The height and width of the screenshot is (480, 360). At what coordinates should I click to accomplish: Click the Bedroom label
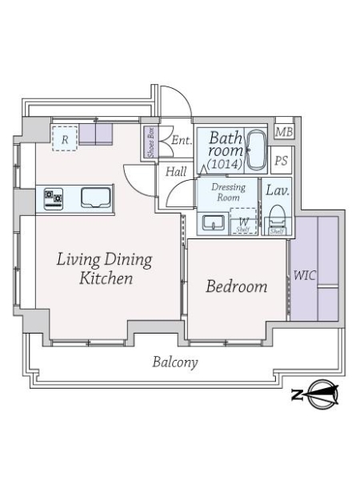(x=236, y=286)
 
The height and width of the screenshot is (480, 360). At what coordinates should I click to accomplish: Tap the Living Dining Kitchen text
(x=104, y=269)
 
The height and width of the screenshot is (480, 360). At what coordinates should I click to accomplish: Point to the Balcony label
(x=174, y=362)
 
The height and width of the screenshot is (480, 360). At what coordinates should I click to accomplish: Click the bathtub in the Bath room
(x=256, y=150)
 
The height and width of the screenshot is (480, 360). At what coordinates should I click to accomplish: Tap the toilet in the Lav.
(x=278, y=218)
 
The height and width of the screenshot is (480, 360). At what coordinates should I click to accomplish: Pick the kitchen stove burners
(x=54, y=199)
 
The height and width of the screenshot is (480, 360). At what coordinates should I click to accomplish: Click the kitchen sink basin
(x=96, y=198)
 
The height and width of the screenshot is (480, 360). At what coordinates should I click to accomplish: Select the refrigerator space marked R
(x=65, y=139)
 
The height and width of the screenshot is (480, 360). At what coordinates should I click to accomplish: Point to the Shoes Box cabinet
(x=151, y=142)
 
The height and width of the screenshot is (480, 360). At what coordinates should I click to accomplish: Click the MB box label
(x=284, y=132)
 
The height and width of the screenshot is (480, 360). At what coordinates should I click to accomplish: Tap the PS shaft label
(x=282, y=161)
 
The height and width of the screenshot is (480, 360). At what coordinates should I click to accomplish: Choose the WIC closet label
(x=304, y=275)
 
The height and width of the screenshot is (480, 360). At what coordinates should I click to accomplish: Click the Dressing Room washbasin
(x=214, y=222)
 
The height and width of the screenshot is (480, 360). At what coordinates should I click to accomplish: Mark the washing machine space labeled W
(x=243, y=222)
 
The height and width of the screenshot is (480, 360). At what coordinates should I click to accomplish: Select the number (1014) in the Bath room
(x=225, y=164)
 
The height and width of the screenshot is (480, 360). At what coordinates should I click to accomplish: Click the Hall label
(x=176, y=171)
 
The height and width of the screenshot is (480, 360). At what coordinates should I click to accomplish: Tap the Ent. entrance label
(x=182, y=140)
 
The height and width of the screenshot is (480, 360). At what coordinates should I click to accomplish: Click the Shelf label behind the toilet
(x=277, y=231)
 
